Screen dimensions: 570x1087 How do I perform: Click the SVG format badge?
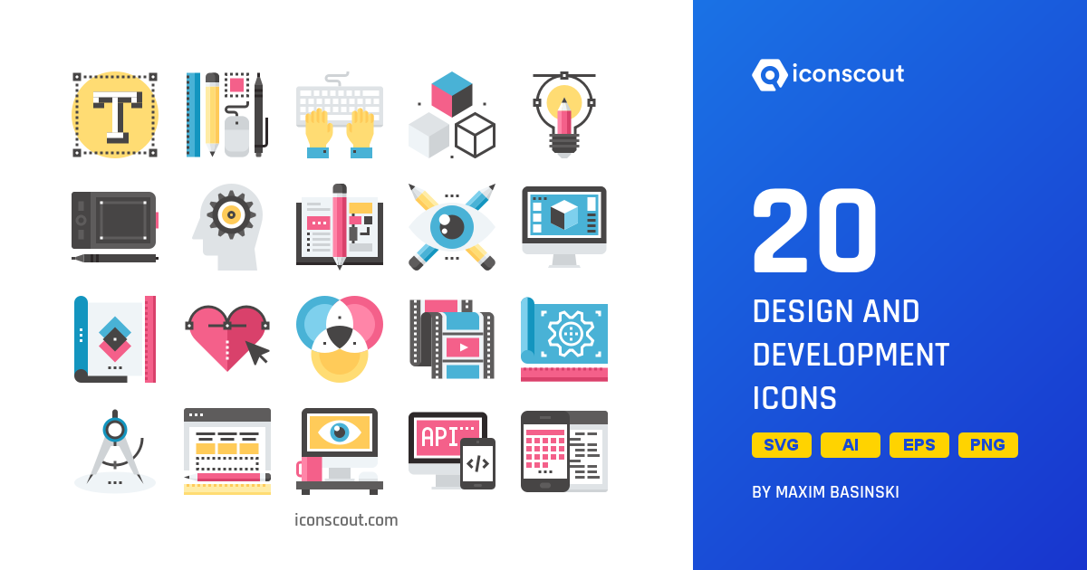tap(782, 445)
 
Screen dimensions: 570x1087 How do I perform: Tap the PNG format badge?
tap(988, 445)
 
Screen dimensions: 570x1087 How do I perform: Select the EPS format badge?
tap(919, 445)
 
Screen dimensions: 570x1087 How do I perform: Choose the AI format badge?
tap(851, 445)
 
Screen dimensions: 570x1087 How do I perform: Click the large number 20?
tap(814, 234)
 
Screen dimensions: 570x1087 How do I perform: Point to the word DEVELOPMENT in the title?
tap(851, 355)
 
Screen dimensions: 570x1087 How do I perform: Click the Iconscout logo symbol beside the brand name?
tap(769, 75)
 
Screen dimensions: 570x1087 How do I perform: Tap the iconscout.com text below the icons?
tap(346, 520)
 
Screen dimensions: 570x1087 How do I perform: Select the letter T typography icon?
tap(115, 115)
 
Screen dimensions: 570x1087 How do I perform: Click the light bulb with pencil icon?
tap(563, 115)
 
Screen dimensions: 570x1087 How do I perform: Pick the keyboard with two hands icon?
tap(340, 115)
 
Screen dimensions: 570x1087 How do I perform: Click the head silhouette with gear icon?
tap(227, 226)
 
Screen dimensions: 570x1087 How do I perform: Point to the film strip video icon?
tap(452, 339)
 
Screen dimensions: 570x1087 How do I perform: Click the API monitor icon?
tap(450, 450)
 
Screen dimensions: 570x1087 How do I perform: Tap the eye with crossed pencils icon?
tap(452, 226)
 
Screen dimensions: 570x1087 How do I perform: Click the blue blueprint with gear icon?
tap(563, 337)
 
